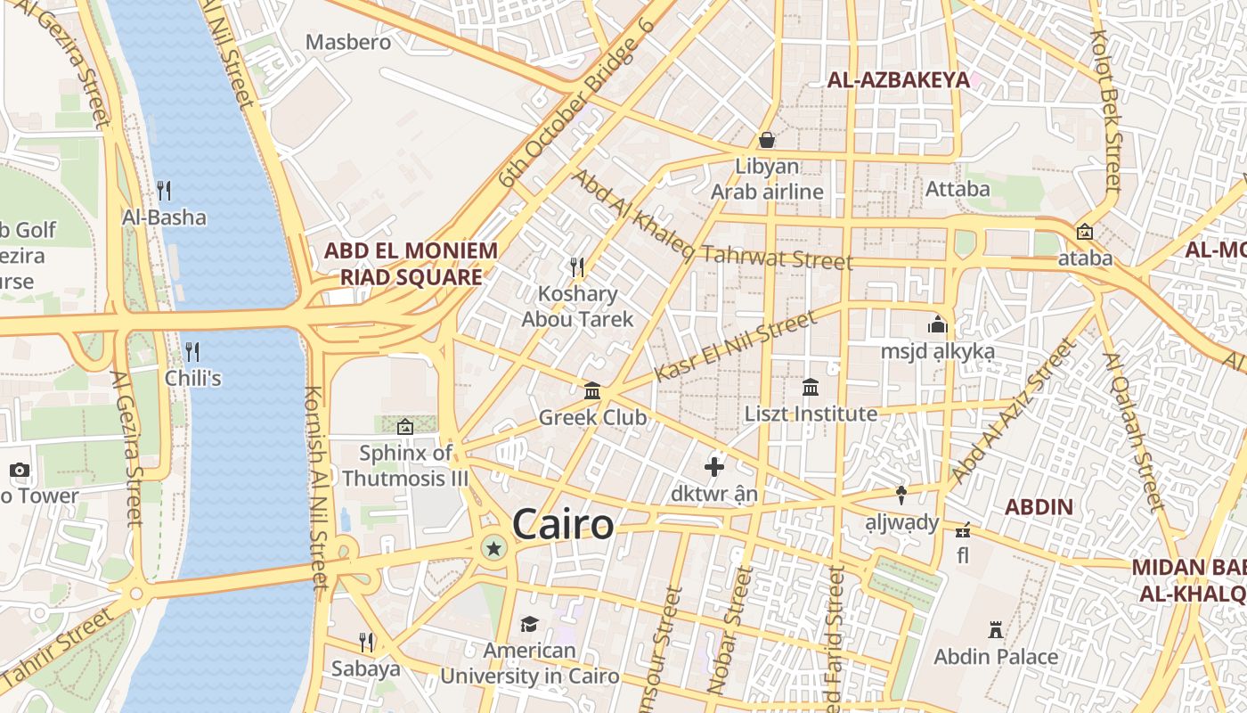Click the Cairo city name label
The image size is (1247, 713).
click(563, 524)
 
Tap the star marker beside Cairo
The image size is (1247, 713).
click(493, 548)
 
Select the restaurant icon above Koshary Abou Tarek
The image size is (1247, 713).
click(577, 266)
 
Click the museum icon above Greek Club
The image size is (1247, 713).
click(592, 390)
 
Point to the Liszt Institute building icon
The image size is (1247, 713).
click(811, 388)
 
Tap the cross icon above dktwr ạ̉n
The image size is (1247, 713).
click(713, 466)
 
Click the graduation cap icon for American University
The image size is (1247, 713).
click(530, 624)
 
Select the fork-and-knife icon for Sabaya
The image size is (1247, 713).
click(365, 642)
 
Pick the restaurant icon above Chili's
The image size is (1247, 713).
click(192, 351)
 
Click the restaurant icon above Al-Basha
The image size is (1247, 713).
click(164, 191)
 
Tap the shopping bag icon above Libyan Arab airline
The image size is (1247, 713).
click(766, 140)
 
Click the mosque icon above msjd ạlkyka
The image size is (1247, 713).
click(937, 324)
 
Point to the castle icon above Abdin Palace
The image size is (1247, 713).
click(996, 630)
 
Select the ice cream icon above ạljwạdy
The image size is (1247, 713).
click(901, 496)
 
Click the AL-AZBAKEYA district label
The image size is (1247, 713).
click(898, 80)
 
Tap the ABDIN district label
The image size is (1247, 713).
click(1039, 507)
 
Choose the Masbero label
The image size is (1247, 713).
click(348, 42)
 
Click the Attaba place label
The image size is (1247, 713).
click(958, 189)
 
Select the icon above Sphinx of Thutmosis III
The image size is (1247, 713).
click(405, 427)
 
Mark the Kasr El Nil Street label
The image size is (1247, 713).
click(736, 347)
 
